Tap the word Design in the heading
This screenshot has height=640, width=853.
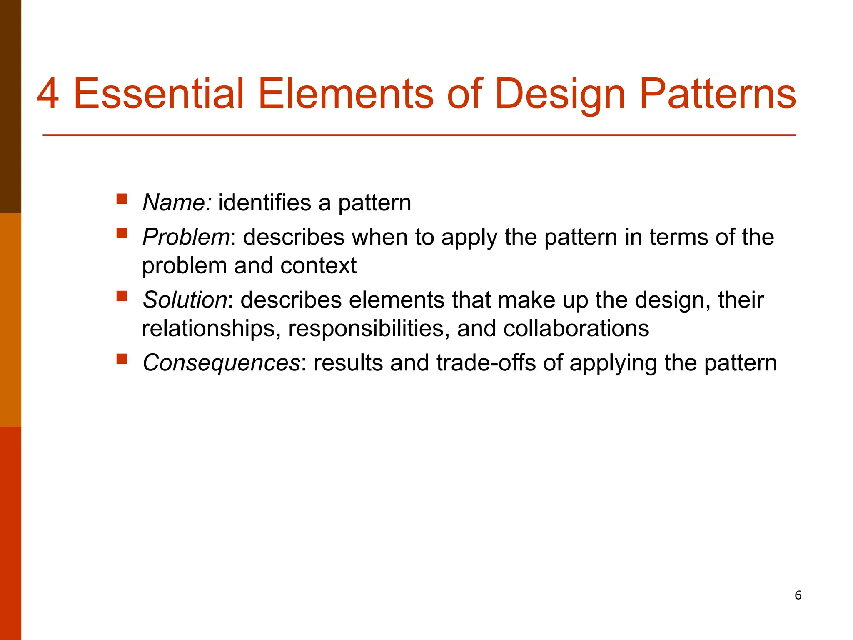(560, 95)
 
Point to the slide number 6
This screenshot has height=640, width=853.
(798, 595)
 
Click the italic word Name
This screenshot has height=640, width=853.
(177, 203)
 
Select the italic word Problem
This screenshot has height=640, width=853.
(186, 237)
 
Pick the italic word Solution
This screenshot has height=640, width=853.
(185, 300)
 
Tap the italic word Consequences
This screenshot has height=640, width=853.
(221, 363)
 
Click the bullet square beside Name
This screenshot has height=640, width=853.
(122, 198)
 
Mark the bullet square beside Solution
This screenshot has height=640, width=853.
(122, 296)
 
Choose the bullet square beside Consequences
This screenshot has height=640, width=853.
(122, 358)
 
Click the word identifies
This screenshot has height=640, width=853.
(264, 203)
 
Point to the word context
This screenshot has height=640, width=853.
(318, 266)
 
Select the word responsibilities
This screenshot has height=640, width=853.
(369, 329)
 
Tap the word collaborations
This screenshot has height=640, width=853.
(576, 328)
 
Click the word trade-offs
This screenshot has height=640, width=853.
(486, 362)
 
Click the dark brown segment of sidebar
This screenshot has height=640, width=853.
(10, 106)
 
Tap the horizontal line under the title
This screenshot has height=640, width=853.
(419, 135)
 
